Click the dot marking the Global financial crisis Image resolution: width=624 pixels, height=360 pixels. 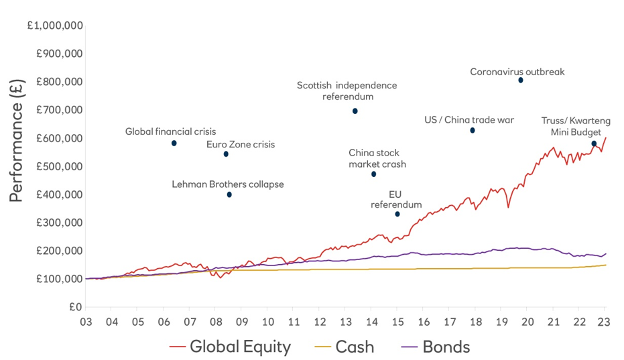[174, 143]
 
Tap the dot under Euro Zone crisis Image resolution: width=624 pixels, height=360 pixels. [226, 154]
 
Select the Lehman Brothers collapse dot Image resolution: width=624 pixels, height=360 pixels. [229, 194]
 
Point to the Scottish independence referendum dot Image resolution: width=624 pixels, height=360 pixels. [355, 111]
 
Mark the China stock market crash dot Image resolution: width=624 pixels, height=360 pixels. [373, 174]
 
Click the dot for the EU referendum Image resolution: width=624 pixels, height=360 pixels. [397, 214]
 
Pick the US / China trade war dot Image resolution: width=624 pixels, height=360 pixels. [473, 130]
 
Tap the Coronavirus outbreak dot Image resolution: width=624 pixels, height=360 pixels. [521, 80]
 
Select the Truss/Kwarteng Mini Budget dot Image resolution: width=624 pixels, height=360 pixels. [594, 143]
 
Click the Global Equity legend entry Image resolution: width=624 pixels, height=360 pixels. [231, 347]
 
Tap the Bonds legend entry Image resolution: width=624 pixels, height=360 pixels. [437, 347]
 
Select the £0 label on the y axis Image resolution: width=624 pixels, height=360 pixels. [74, 307]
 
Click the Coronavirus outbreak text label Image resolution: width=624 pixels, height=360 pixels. [517, 71]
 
